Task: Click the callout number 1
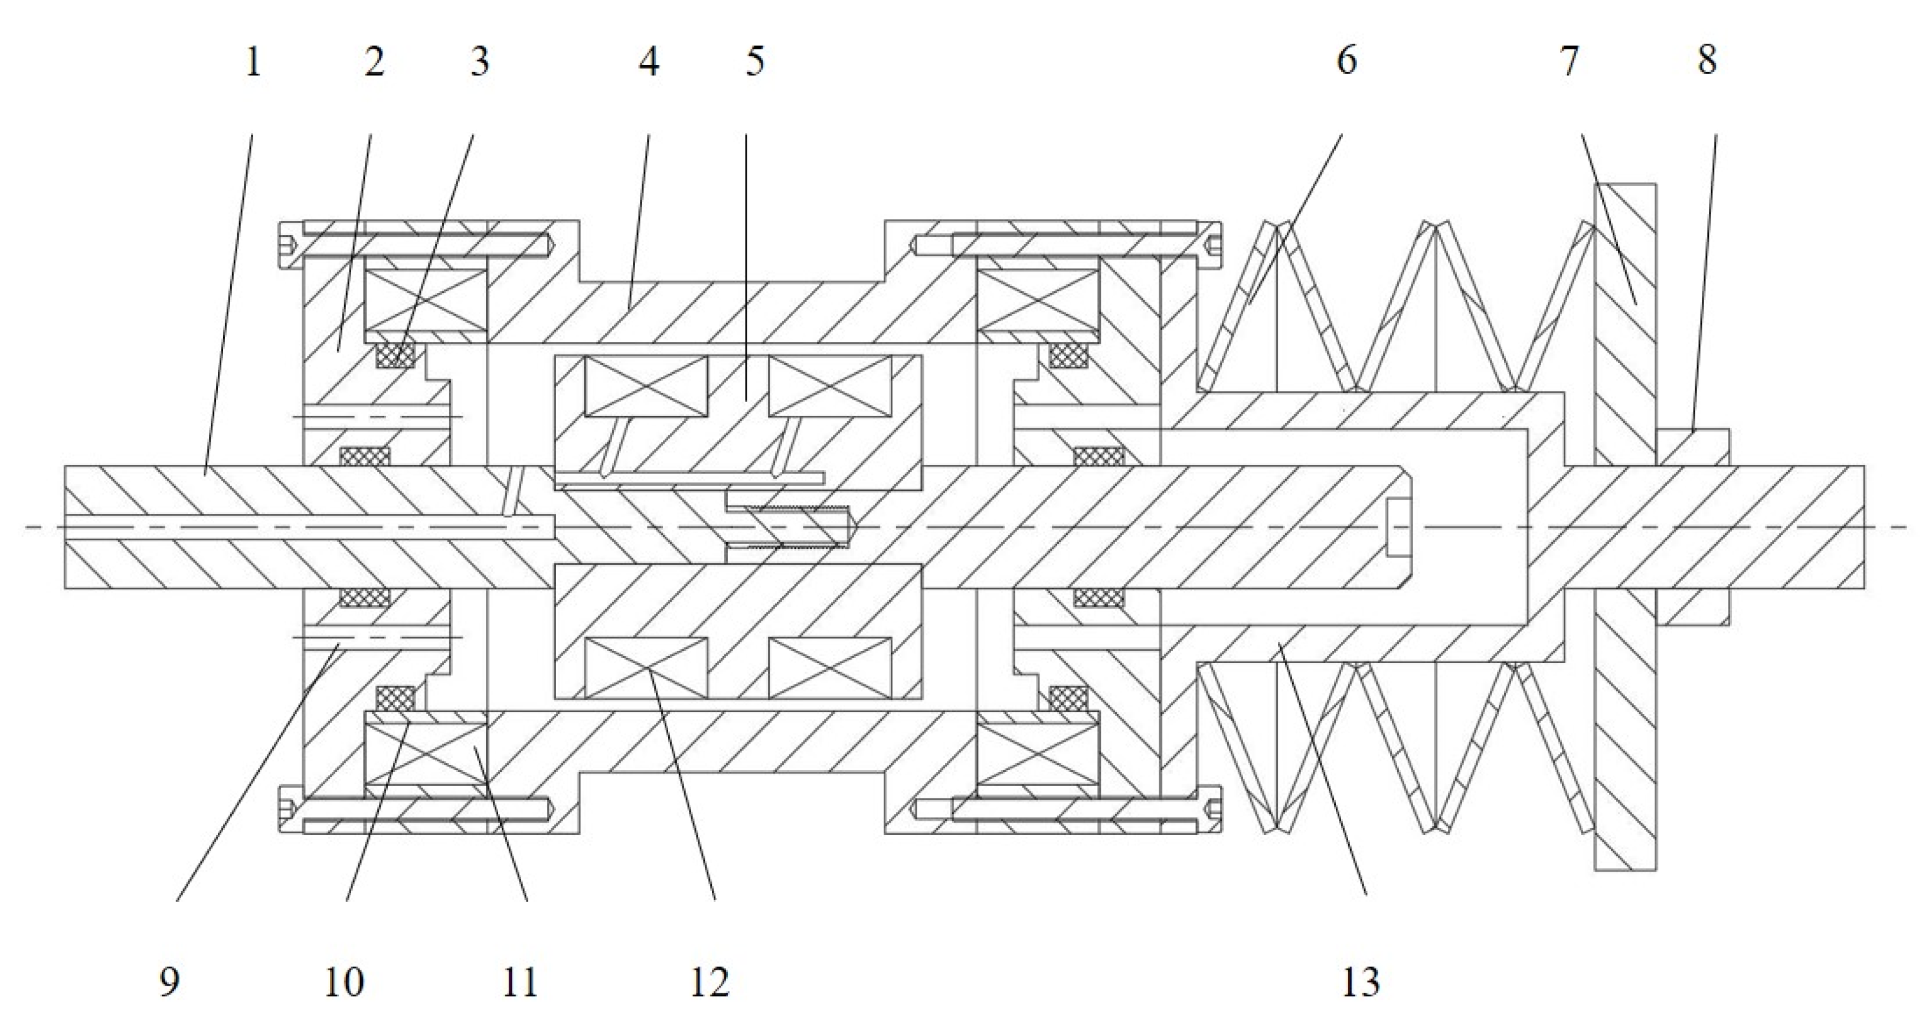(253, 61)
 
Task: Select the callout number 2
(374, 61)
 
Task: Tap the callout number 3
(480, 61)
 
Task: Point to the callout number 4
(649, 61)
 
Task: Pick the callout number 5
(754, 61)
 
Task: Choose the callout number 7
(1569, 61)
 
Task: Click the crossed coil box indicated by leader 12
(646, 668)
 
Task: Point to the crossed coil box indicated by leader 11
(425, 754)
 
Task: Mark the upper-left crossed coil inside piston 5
(646, 386)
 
